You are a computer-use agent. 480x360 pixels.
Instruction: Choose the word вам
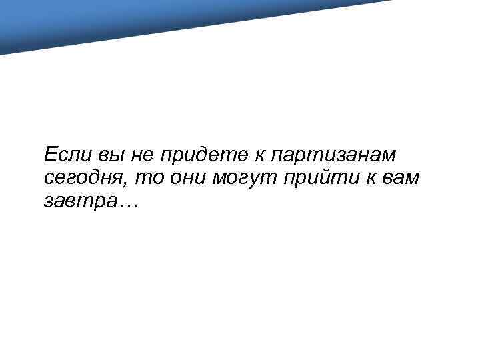(398, 177)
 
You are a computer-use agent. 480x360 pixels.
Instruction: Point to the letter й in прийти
(319, 177)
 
